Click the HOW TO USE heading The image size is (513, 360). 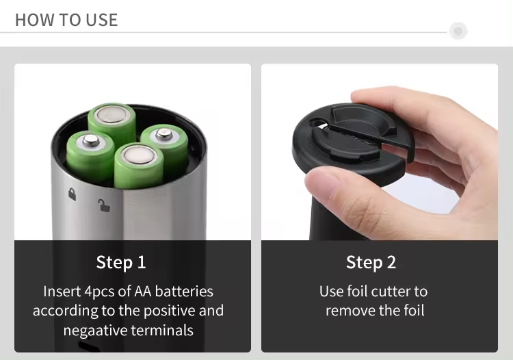[66, 20]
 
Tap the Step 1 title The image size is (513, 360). [121, 262]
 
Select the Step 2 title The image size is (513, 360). [371, 262]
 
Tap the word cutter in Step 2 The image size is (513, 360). [389, 292]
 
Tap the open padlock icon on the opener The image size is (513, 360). [103, 204]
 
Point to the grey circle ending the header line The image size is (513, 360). [458, 31]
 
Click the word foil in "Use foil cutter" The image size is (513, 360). [358, 292]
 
